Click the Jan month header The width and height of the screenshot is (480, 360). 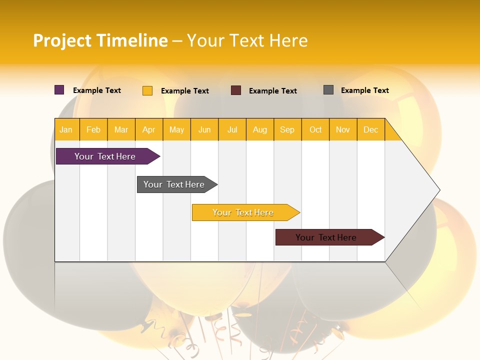click(66, 129)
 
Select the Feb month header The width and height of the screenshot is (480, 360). click(93, 129)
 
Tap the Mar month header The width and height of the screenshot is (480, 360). click(121, 129)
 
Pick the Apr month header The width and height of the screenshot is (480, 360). click(149, 129)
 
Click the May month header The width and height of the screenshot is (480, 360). click(176, 129)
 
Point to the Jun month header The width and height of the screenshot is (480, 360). click(204, 129)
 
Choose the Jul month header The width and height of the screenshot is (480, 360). click(232, 129)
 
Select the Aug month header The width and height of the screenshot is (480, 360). click(260, 129)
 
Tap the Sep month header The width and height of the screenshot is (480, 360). click(287, 129)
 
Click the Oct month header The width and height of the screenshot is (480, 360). click(315, 129)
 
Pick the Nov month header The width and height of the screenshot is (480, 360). click(343, 129)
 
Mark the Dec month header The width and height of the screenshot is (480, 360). click(371, 129)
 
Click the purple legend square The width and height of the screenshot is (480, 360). click(59, 90)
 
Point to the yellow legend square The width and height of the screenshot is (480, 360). click(147, 90)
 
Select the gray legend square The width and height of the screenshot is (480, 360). click(328, 90)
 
